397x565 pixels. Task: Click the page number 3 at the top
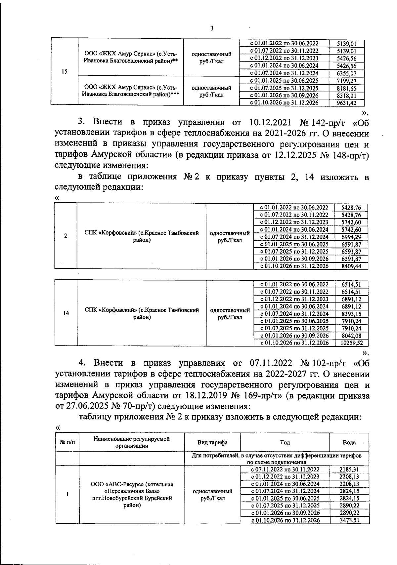point(212,28)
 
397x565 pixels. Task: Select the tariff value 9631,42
point(346,102)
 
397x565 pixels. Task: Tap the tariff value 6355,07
point(346,73)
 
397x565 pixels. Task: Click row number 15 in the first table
point(64,72)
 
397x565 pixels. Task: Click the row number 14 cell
point(66,313)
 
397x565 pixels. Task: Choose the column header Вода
point(349,442)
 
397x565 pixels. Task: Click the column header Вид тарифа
point(212,442)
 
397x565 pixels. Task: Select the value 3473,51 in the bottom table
point(349,520)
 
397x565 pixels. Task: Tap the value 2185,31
point(349,469)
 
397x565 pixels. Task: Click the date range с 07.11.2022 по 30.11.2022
point(285,469)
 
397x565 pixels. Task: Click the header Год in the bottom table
point(285,442)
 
